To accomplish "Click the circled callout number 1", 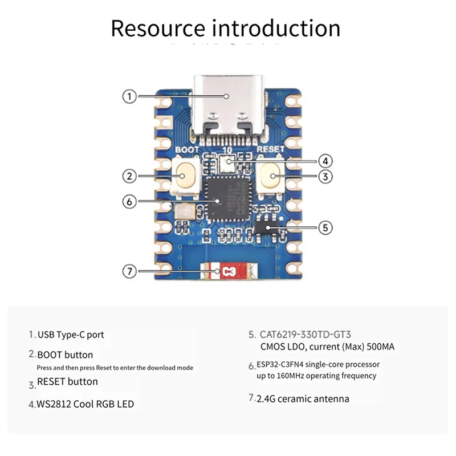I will tap(131, 96).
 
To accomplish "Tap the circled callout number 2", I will tap(131, 176).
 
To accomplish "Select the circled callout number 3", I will tap(325, 176).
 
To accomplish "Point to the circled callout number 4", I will tap(325, 161).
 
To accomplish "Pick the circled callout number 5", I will tap(325, 227).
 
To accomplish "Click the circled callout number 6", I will tap(131, 201).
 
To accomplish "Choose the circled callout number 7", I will tap(131, 271).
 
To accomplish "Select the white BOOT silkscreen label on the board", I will tap(187, 149).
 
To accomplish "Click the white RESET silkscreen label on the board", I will tap(270, 149).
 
